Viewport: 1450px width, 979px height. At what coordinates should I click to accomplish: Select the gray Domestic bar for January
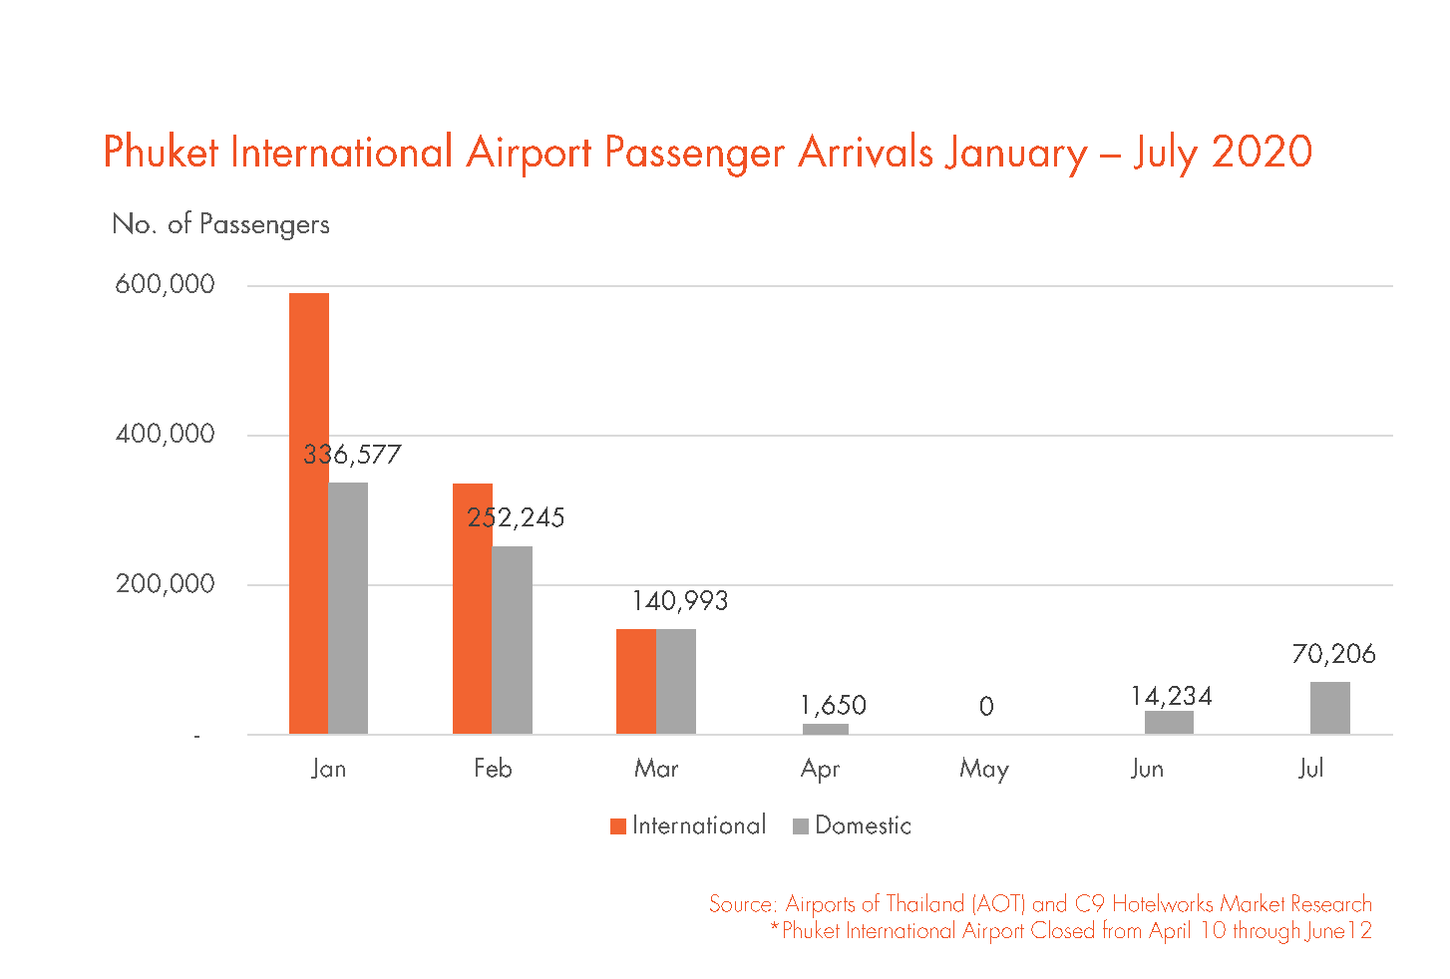pyautogui.click(x=348, y=608)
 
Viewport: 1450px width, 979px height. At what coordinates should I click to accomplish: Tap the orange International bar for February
pyautogui.click(x=472, y=608)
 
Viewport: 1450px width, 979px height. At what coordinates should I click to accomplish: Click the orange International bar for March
pyautogui.click(x=635, y=682)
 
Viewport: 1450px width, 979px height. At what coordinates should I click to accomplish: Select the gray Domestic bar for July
pyautogui.click(x=1329, y=708)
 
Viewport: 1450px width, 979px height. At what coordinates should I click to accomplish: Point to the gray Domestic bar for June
pyautogui.click(x=1168, y=723)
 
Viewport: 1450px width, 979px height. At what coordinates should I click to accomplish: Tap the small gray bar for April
pyautogui.click(x=825, y=729)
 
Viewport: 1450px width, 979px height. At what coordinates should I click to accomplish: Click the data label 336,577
pyautogui.click(x=352, y=455)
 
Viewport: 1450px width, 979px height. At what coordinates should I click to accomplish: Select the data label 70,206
pyautogui.click(x=1333, y=654)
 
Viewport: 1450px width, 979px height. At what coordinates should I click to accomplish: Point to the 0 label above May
pyautogui.click(x=986, y=707)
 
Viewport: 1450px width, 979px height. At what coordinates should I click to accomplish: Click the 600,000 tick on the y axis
pyautogui.click(x=165, y=284)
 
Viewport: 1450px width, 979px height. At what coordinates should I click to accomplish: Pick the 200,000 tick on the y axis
pyautogui.click(x=165, y=584)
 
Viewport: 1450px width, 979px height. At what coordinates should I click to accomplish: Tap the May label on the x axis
pyautogui.click(x=984, y=769)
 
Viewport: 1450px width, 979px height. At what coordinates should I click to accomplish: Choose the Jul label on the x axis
pyautogui.click(x=1310, y=769)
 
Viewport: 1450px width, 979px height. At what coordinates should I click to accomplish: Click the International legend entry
pyautogui.click(x=688, y=825)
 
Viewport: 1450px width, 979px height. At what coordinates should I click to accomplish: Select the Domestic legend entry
pyautogui.click(x=853, y=825)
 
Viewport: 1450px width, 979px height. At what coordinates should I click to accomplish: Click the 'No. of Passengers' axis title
pyautogui.click(x=220, y=224)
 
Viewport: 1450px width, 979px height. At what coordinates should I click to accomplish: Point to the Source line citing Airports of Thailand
pyautogui.click(x=1040, y=904)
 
